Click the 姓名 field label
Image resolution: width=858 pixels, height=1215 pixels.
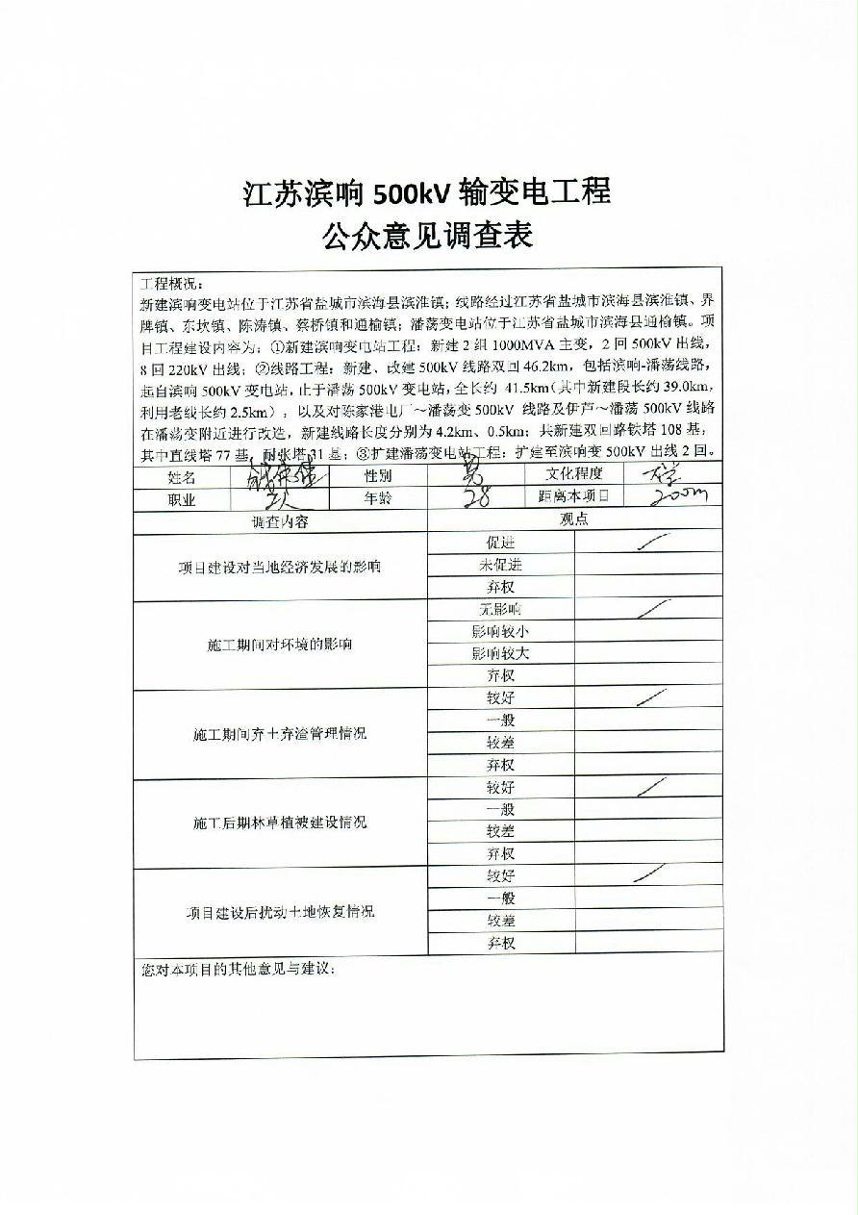[182, 476]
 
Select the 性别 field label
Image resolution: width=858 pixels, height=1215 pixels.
[377, 475]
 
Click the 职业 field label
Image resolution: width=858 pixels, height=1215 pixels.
[182, 499]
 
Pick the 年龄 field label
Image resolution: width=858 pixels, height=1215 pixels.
[377, 498]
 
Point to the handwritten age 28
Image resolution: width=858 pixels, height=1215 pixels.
[477, 496]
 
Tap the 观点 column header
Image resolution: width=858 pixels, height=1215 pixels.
[574, 520]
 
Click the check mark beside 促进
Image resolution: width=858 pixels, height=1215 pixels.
[653, 544]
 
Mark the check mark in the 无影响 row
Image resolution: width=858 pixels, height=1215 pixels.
[653, 609]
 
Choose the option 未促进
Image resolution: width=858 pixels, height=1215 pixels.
[500, 565]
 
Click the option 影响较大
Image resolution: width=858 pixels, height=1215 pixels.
[500, 653]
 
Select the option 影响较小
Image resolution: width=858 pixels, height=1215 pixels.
[500, 631]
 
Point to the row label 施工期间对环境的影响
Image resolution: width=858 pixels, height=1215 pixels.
[279, 644]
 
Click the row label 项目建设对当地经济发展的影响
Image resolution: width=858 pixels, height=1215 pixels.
[279, 566]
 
